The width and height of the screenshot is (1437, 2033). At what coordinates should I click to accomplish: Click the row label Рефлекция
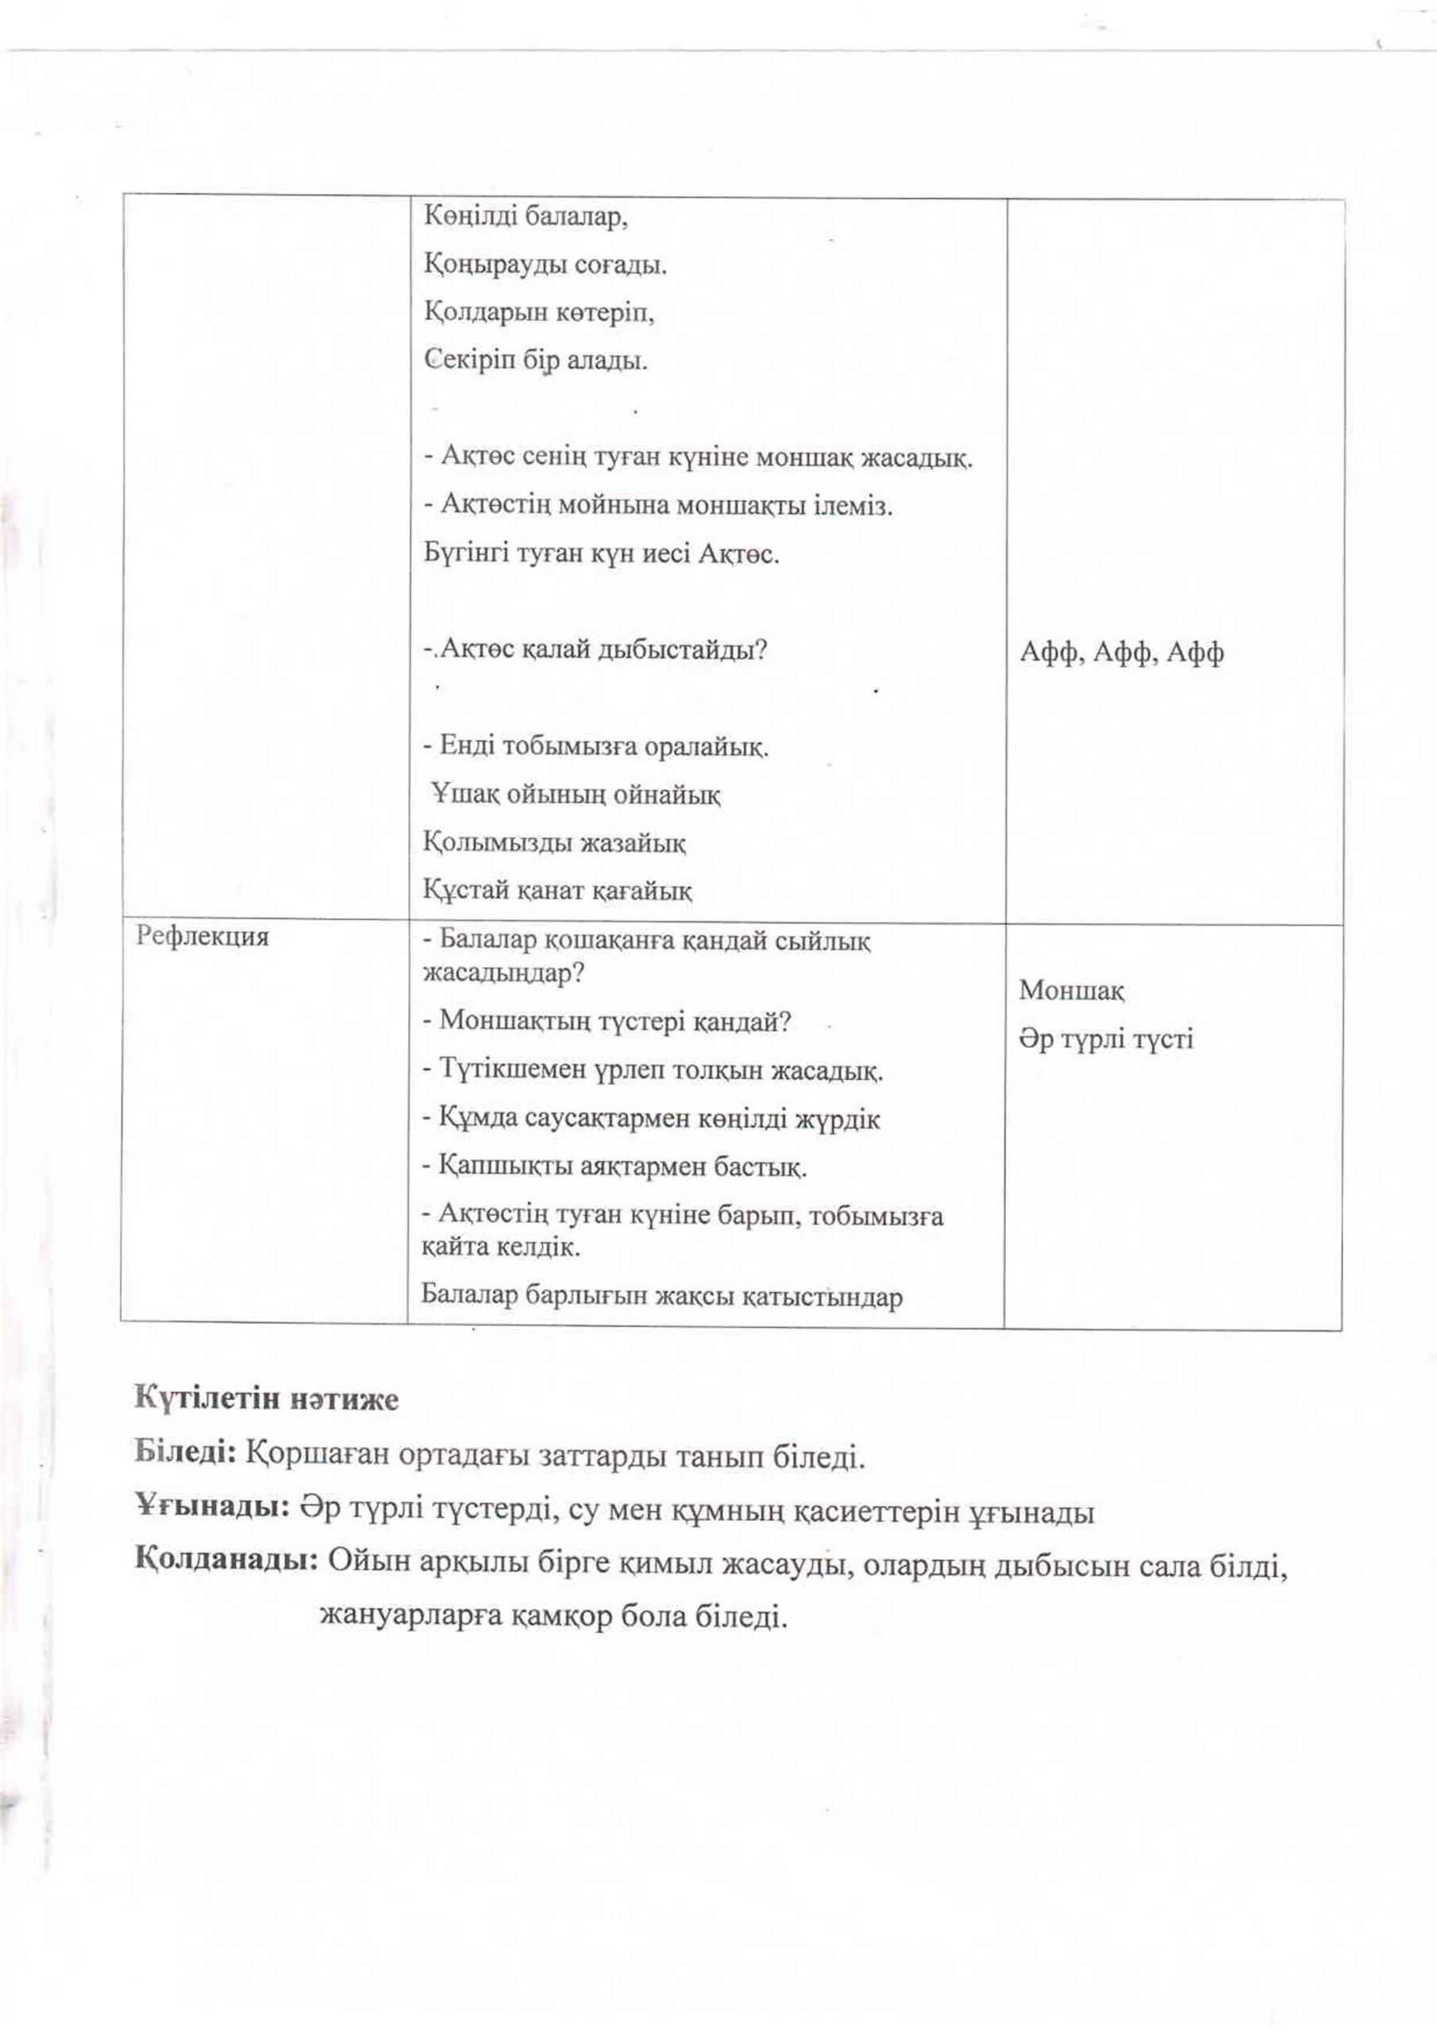coord(202,937)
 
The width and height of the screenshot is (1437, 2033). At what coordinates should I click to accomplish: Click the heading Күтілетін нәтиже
coord(267,1399)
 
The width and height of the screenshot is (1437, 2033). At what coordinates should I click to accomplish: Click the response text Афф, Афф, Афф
coord(1122,654)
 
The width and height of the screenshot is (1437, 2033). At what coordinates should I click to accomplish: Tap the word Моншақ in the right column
coord(1071,990)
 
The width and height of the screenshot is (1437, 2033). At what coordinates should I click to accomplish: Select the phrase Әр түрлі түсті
coord(1106,1039)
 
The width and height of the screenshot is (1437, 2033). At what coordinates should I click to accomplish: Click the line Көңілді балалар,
coord(526,217)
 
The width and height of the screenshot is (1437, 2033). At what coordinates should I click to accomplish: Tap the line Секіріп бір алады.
coord(536,361)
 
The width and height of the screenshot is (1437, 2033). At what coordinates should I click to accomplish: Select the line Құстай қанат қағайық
coord(558,890)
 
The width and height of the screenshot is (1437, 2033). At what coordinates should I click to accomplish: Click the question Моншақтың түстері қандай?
coord(607,1022)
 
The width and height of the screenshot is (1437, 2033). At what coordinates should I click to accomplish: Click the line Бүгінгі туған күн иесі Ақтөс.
coord(602,554)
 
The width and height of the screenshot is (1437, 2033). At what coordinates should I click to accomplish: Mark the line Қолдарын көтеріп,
coord(539,313)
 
